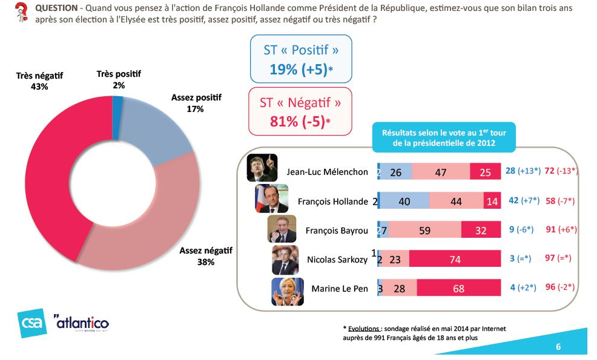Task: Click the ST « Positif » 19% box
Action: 301,59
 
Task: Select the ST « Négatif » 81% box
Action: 300,111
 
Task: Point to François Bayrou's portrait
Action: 282,229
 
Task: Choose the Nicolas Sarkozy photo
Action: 285,259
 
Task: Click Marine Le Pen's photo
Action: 286,290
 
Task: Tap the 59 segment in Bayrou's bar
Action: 424,230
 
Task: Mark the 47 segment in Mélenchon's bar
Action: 441,172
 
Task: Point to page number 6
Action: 558,347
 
